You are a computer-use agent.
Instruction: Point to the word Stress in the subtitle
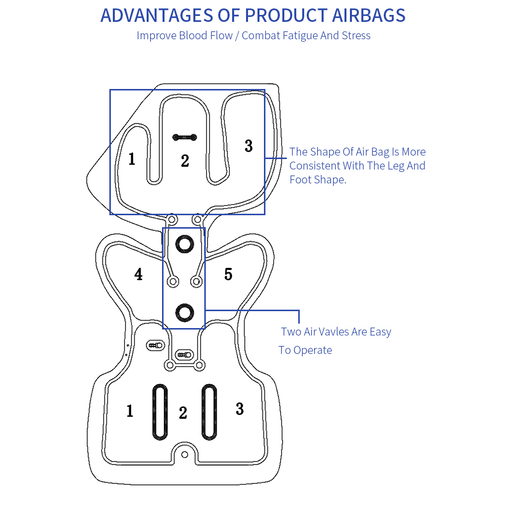point(356,36)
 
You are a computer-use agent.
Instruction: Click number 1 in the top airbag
point(131,159)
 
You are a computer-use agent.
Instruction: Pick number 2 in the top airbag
point(185,161)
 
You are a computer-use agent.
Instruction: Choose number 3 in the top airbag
point(249,146)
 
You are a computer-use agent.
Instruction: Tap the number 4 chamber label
point(138,274)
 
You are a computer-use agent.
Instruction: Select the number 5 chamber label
point(228,274)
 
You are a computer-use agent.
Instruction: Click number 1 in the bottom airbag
point(130,411)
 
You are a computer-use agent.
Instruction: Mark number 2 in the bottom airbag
point(183,413)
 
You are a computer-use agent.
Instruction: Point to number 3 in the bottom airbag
point(240,409)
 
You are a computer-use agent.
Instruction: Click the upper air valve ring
point(184,244)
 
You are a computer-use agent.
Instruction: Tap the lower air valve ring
point(184,312)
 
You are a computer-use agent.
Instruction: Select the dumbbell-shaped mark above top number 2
point(185,137)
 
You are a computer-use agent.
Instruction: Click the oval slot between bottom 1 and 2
point(160,412)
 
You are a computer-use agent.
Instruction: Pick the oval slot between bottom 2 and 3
point(209,412)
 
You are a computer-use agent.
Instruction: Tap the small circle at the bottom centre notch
point(184,454)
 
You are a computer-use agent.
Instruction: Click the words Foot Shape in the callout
point(318,179)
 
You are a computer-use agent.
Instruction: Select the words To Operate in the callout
point(305,350)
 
